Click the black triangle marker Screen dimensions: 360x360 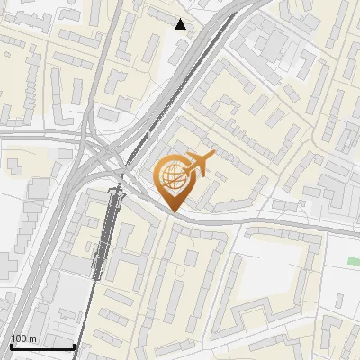point(181,24)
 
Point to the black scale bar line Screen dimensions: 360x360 point(41,346)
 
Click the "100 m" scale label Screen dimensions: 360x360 point(24,337)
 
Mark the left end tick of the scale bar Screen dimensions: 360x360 point(11,345)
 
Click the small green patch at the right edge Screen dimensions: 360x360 point(354,261)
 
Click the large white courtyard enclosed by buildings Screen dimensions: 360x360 point(274,270)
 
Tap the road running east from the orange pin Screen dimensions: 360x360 point(270,220)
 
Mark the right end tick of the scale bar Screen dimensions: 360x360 point(73,345)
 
